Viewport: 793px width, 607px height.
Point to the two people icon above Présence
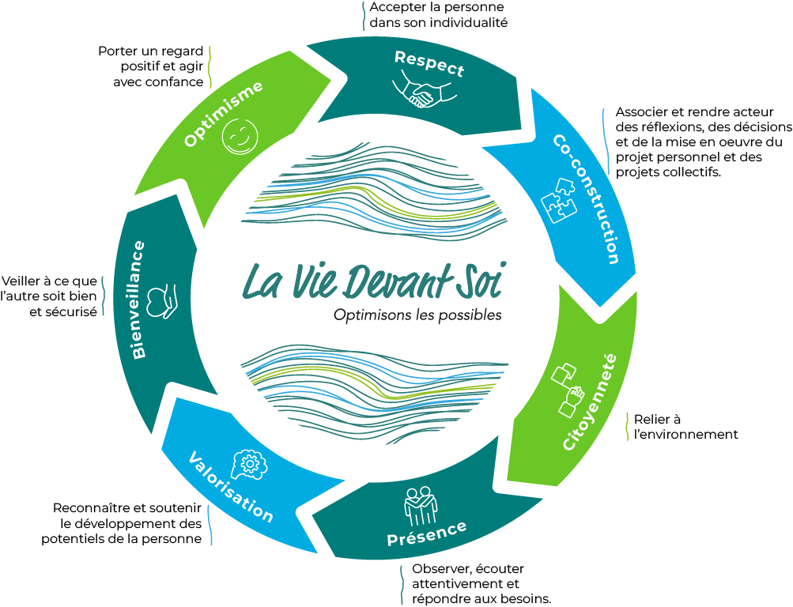[x=417, y=503]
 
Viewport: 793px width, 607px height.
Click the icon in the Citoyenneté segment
[x=568, y=390]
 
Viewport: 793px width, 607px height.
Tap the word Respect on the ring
[x=429, y=63]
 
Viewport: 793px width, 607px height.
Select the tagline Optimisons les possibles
[x=417, y=315]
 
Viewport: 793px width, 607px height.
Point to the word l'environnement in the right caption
[x=685, y=434]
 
